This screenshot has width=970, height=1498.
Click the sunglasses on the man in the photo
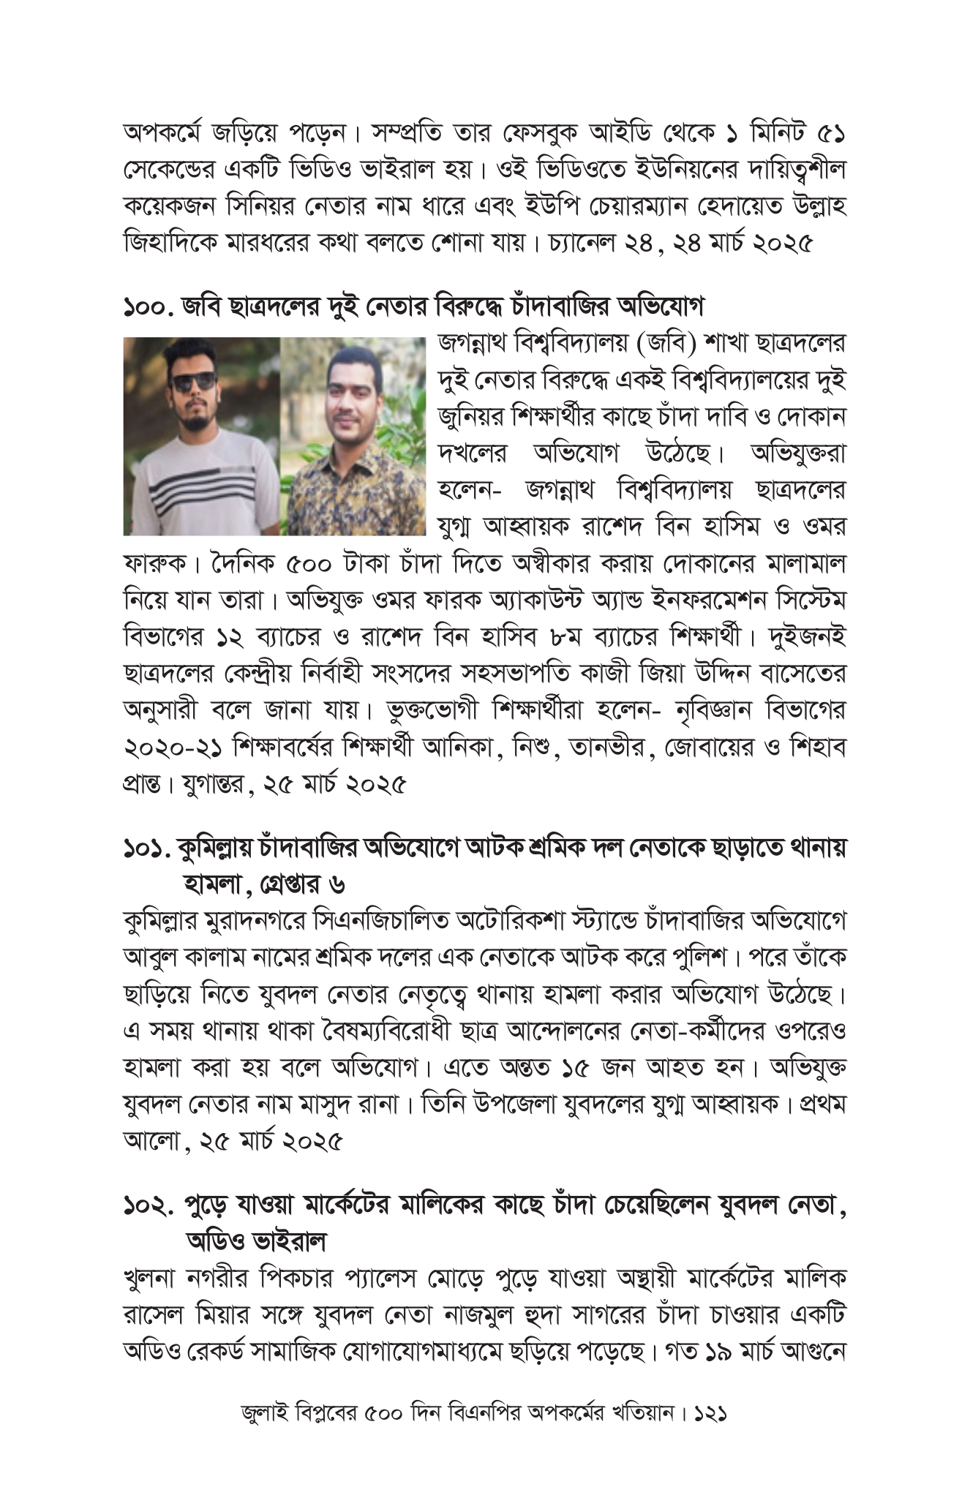tap(193, 380)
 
